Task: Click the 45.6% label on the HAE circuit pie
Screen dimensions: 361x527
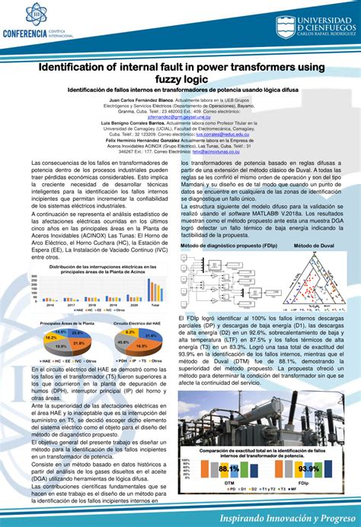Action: [120, 346]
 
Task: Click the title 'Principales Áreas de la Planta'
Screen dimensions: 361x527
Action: [67, 323]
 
